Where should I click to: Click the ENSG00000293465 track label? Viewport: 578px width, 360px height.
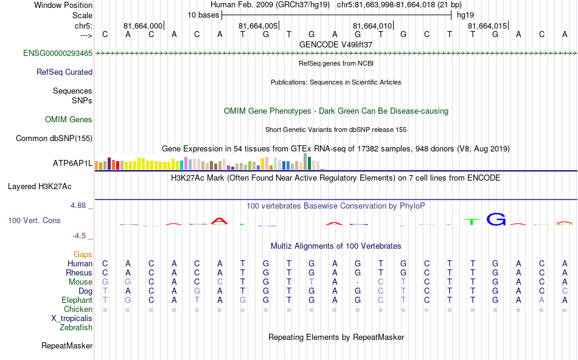tap(58, 54)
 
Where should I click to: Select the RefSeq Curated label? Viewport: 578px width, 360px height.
tap(64, 72)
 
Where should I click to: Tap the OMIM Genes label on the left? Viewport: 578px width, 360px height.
tap(69, 120)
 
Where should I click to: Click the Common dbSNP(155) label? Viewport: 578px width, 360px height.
tap(54, 139)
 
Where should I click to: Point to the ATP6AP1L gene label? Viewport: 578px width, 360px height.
tap(72, 164)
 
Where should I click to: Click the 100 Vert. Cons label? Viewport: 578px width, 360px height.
tap(35, 221)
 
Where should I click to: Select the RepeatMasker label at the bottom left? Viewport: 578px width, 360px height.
tap(67, 346)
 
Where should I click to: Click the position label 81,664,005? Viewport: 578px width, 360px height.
tap(259, 26)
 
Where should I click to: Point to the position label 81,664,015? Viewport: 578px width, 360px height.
tap(487, 26)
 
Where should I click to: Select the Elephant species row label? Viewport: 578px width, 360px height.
tap(77, 300)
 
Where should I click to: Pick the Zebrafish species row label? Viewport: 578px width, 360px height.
tap(76, 328)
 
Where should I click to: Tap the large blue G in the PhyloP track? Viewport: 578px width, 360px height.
tap(496, 220)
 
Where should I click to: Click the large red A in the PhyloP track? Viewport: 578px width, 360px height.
tap(219, 221)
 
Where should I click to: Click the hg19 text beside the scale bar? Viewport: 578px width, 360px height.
tap(465, 15)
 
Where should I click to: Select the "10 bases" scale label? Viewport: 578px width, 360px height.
tap(203, 15)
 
